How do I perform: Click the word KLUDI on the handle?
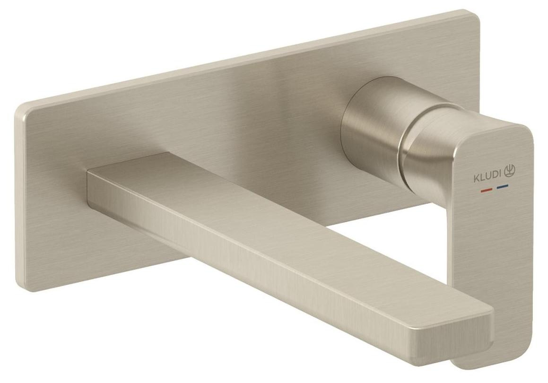tap(487, 179)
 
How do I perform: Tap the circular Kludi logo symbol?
tap(510, 170)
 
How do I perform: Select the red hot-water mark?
tap(486, 191)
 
